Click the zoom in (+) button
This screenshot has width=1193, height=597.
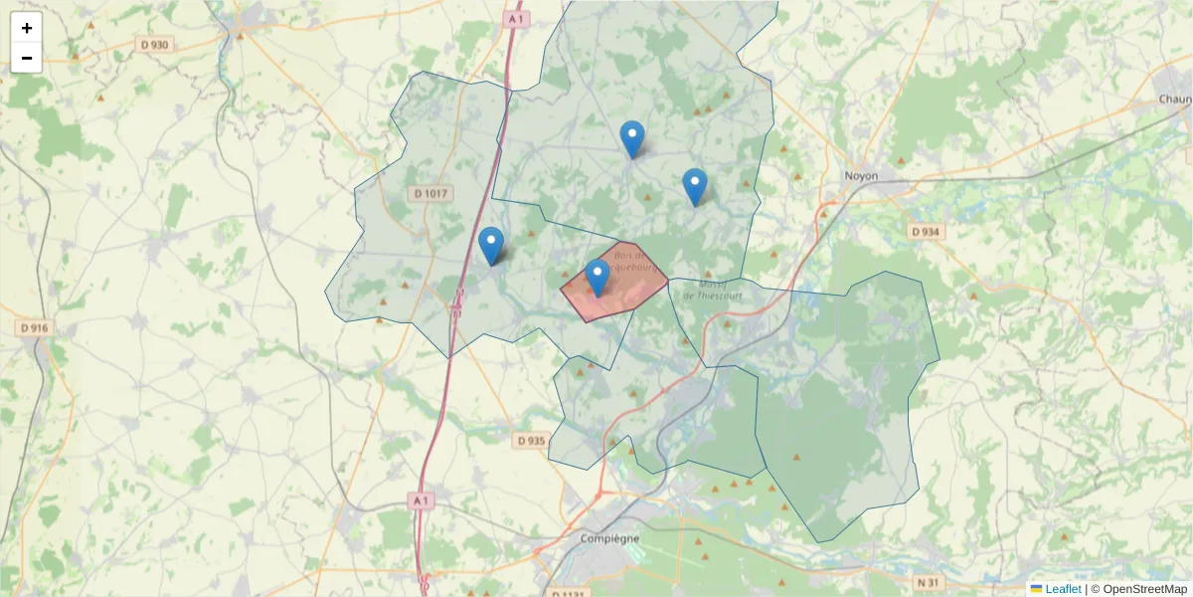click(27, 28)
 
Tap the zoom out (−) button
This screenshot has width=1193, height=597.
click(27, 58)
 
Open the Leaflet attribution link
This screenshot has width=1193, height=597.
click(1062, 589)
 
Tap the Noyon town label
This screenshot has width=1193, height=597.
click(861, 175)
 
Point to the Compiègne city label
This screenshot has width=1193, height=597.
click(609, 538)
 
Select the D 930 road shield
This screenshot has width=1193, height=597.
click(154, 45)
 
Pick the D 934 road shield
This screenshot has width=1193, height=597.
click(926, 231)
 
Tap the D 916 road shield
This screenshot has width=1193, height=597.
click(33, 327)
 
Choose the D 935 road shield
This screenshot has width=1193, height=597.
click(532, 440)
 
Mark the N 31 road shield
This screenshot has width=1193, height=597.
click(928, 581)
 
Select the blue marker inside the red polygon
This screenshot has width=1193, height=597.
click(596, 278)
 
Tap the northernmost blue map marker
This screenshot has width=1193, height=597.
click(631, 138)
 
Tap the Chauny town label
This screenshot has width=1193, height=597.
click(1175, 99)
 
